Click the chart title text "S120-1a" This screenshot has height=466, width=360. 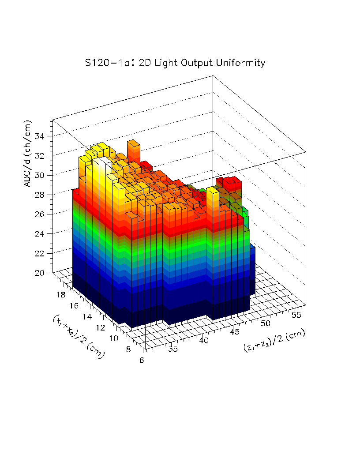click(105, 63)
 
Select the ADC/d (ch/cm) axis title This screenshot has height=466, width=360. click(28, 153)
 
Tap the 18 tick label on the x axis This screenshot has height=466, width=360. click(61, 295)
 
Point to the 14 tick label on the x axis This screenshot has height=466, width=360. click(88, 316)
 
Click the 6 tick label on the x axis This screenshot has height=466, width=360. click(141, 360)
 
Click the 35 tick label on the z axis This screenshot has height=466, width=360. click(173, 350)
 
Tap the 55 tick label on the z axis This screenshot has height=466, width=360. click(296, 314)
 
